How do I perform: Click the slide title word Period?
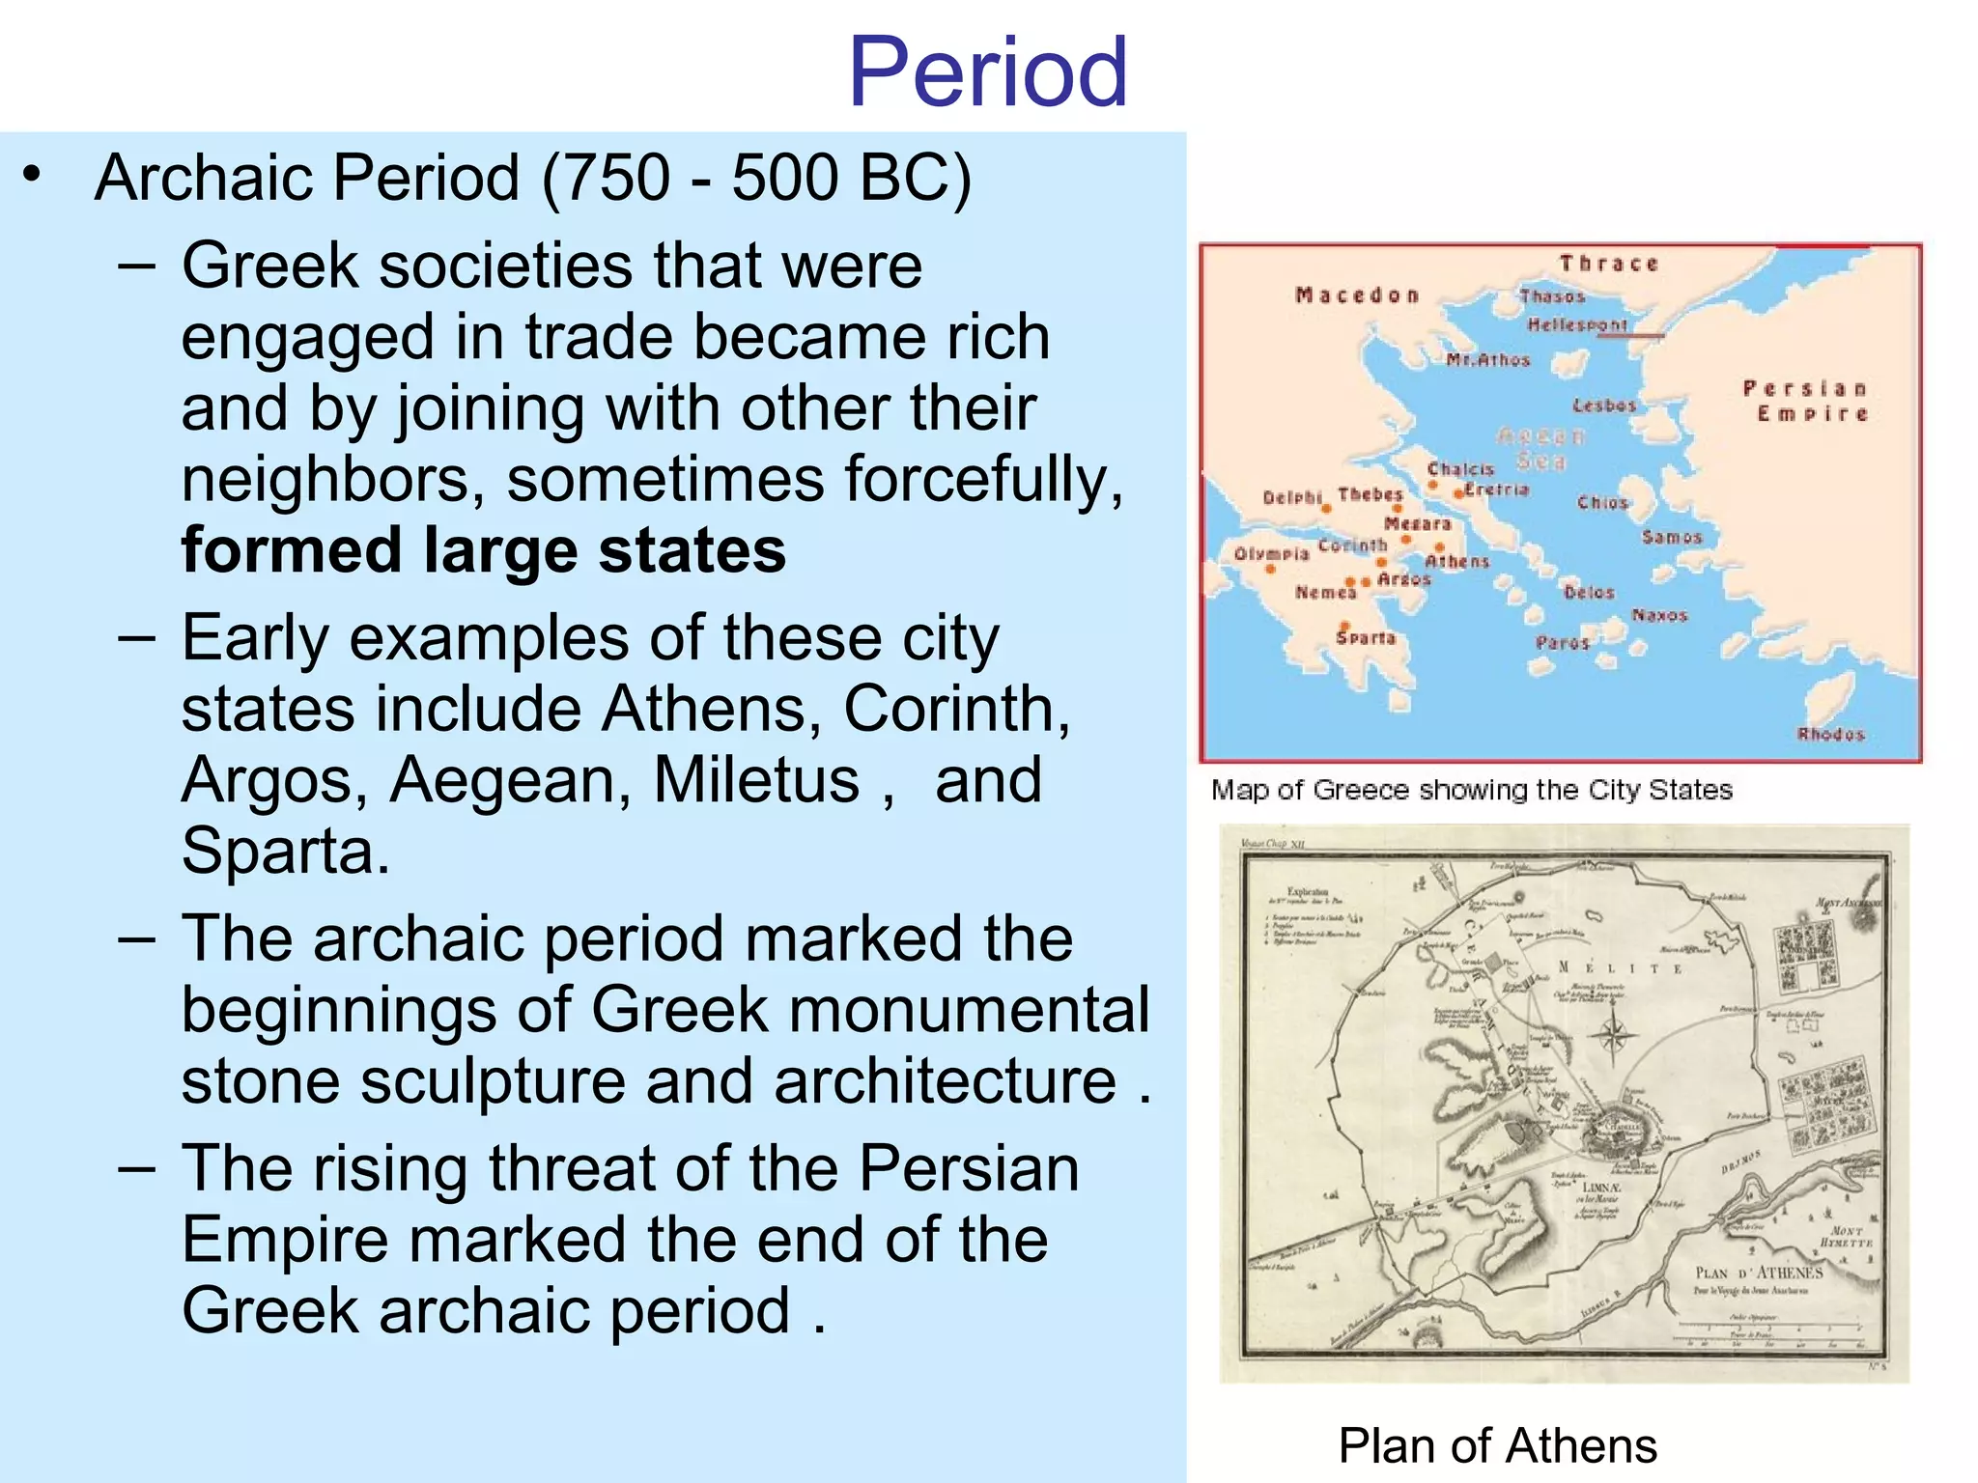coord(987,72)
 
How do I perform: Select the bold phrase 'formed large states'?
coord(483,550)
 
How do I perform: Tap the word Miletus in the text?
coord(756,780)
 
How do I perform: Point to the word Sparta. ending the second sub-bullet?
coord(286,852)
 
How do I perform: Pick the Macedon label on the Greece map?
coord(1357,295)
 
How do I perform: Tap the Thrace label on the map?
coord(1608,264)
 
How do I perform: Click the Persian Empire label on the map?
coord(1804,401)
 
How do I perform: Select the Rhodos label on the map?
coord(1830,734)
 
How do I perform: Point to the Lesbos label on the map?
coord(1604,406)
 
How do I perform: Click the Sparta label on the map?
coord(1366,638)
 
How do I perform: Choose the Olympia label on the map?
coord(1271,554)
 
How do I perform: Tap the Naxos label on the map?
coord(1659,615)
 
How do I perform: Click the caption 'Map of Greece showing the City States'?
coord(1471,790)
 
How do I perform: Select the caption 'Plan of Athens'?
coord(1497,1446)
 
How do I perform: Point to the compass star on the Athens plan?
coord(1612,1037)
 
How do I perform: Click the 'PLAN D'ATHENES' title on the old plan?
coord(1759,1273)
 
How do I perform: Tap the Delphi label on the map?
coord(1291,497)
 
